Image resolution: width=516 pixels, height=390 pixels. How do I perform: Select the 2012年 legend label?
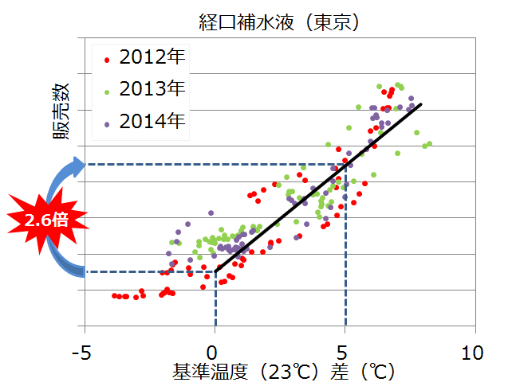tap(152, 57)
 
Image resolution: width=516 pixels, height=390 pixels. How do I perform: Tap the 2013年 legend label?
tap(152, 89)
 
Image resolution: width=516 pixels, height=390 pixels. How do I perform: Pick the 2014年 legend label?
tap(152, 121)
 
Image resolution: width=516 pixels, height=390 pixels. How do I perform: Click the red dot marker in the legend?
tap(107, 59)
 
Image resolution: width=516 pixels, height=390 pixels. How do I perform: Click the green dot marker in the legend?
tap(107, 91)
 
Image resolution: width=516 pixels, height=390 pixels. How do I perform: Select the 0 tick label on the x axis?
tap(215, 351)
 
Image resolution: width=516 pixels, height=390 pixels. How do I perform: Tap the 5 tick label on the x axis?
tap(345, 351)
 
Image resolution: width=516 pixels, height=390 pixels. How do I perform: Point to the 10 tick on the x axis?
tap(474, 351)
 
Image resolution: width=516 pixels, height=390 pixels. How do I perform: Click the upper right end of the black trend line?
tap(420, 104)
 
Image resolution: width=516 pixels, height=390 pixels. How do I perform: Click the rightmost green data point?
tap(430, 143)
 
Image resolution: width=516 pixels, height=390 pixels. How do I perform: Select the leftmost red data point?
tap(114, 295)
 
